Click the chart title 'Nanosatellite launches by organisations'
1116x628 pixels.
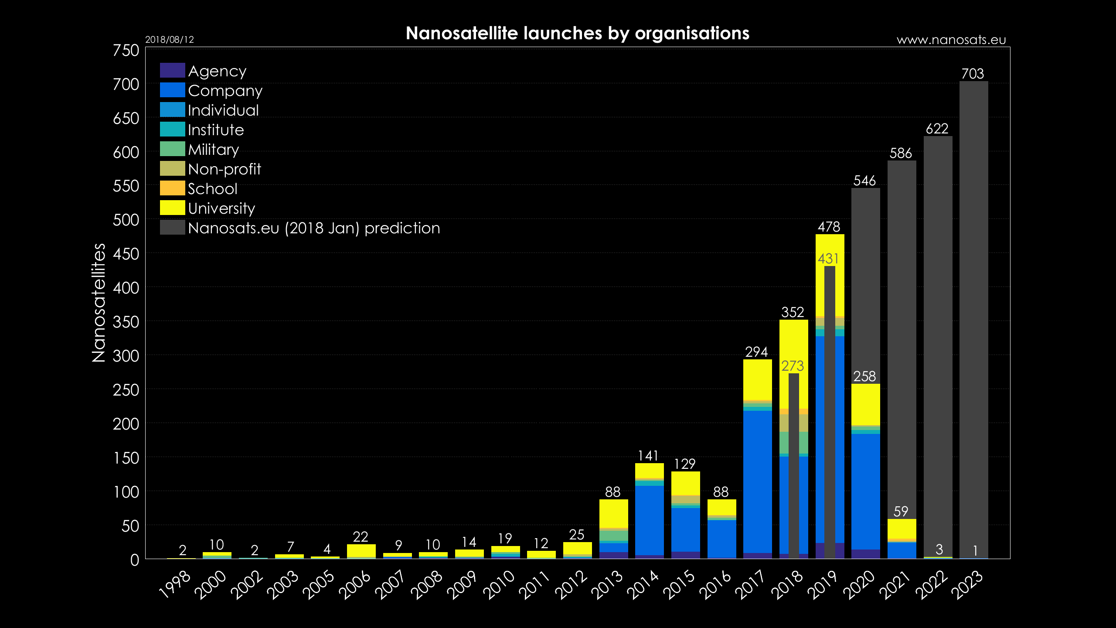coord(577,33)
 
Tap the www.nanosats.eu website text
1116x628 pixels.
coord(951,40)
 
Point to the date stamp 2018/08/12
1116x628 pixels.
coord(169,40)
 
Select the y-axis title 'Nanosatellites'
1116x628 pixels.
coord(99,303)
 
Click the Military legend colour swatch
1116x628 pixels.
coord(172,149)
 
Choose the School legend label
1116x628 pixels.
coord(213,189)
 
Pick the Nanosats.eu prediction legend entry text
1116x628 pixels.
coord(314,228)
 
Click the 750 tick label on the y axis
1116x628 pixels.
coord(126,51)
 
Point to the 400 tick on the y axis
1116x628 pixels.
coord(126,288)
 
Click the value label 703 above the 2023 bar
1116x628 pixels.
coord(973,74)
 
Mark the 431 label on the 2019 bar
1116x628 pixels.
coord(828,259)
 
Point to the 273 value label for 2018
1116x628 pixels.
coord(792,366)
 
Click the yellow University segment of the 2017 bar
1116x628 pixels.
coord(757,379)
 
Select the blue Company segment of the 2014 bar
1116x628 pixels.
coord(649,519)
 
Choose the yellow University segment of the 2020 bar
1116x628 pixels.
coord(865,404)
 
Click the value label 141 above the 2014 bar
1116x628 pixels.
coord(648,456)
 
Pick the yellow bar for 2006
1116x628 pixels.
coord(361,550)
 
